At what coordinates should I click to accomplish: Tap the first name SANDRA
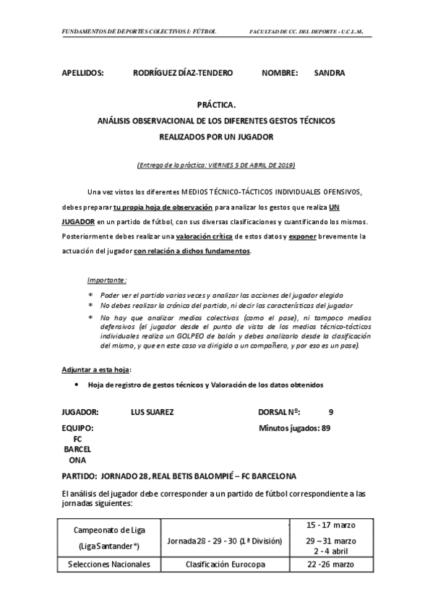click(x=330, y=73)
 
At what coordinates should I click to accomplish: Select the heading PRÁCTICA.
click(x=216, y=105)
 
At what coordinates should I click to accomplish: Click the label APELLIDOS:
click(x=83, y=73)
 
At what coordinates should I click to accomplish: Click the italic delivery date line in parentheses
click(x=216, y=165)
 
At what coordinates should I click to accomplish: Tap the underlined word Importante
click(x=106, y=279)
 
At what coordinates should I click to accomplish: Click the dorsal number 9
click(x=330, y=412)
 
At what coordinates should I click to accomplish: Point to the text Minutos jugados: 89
click(x=295, y=428)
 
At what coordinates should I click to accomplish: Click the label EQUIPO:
click(x=78, y=428)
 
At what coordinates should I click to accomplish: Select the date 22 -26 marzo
click(x=330, y=563)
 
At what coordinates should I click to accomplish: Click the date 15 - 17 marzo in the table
click(x=330, y=524)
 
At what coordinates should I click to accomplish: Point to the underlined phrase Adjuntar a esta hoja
click(x=90, y=369)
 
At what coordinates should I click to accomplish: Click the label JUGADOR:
click(x=81, y=412)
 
